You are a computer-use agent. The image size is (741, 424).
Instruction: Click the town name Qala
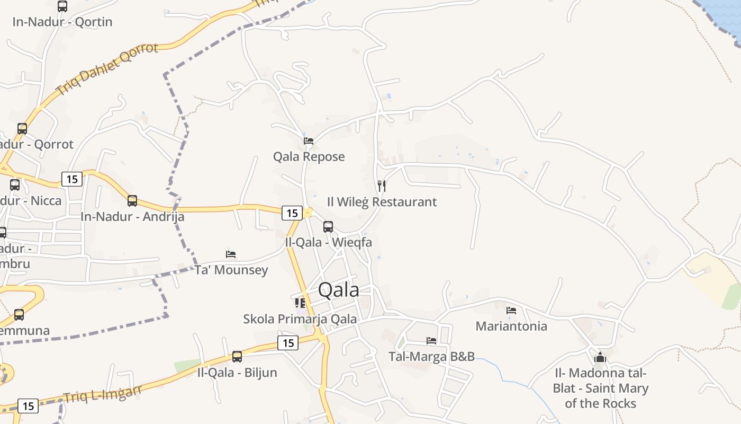[338, 290]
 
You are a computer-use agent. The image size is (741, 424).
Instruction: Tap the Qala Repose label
[309, 156]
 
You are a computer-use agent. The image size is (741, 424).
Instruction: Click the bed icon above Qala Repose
[309, 140]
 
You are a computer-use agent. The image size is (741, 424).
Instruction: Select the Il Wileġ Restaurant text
[382, 201]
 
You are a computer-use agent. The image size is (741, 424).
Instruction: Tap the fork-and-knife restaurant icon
[382, 185]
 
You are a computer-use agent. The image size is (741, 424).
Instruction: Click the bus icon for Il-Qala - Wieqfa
[328, 227]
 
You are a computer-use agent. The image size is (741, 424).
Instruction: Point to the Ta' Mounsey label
[231, 270]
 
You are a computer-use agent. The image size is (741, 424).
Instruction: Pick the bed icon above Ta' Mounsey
[231, 254]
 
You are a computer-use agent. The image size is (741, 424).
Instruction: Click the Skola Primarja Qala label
[300, 319]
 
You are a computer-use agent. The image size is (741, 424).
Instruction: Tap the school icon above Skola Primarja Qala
[300, 303]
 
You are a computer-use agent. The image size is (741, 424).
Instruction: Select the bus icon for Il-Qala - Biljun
[237, 357]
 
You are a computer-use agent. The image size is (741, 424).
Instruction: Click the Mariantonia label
[511, 326]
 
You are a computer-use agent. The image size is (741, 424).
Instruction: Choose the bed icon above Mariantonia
[511, 311]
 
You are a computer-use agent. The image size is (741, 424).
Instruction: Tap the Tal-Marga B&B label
[431, 356]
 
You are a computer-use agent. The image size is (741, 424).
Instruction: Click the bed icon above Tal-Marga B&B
[431, 341]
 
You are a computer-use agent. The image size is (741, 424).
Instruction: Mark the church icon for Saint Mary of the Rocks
[600, 357]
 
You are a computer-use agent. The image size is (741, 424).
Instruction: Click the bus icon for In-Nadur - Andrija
[132, 201]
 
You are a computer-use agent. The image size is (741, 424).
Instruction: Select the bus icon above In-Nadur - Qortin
[62, 6]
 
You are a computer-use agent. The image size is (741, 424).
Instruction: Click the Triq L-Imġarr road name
[103, 393]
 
